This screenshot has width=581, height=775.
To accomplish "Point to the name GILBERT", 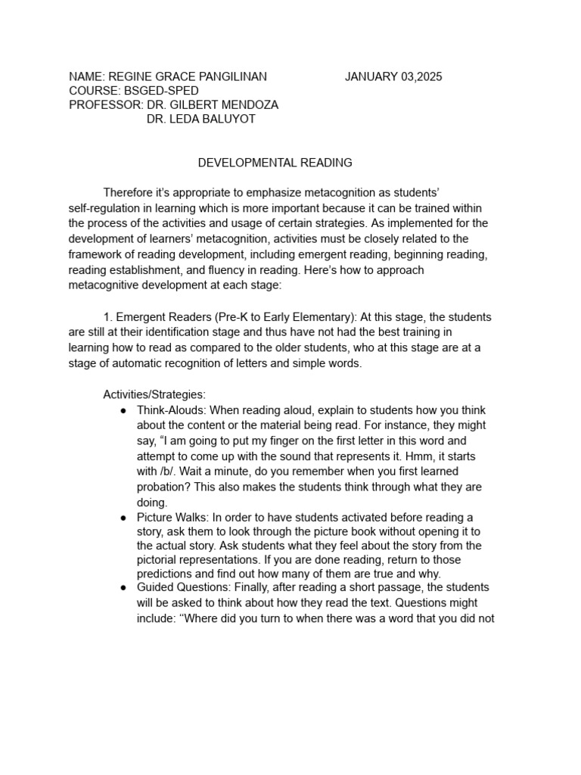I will tap(200, 104).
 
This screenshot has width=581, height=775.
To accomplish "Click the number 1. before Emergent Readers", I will tap(107, 317).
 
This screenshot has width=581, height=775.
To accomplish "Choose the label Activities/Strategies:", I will tap(154, 394).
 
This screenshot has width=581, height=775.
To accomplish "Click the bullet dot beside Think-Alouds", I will tap(123, 409).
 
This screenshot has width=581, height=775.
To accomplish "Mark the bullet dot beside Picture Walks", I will tap(123, 517).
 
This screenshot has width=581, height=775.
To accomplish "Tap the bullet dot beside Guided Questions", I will tap(123, 587).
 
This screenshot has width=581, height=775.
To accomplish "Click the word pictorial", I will tap(158, 560).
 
